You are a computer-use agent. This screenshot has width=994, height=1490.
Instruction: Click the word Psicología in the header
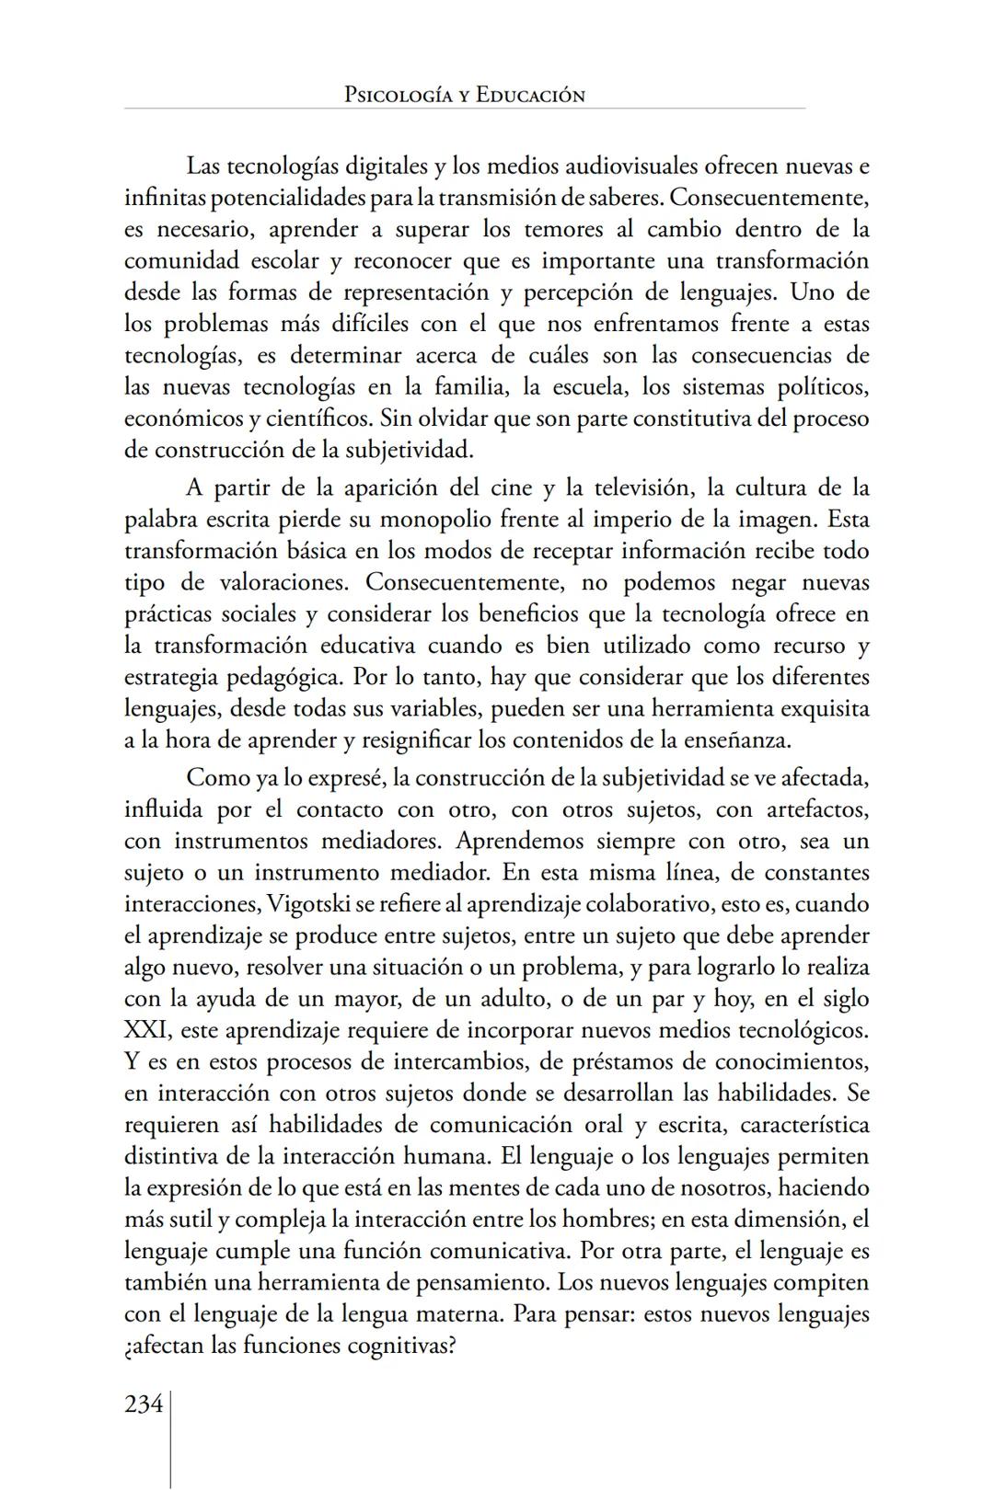pos(399,95)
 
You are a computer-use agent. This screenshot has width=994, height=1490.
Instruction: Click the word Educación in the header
pos(530,95)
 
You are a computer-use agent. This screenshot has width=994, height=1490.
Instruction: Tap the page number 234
pos(144,1404)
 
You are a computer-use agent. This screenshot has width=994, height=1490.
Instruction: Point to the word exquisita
pos(825,708)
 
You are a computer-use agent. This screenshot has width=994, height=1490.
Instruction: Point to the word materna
pos(454,1314)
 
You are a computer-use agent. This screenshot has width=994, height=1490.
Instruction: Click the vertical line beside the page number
pos(171,1439)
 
